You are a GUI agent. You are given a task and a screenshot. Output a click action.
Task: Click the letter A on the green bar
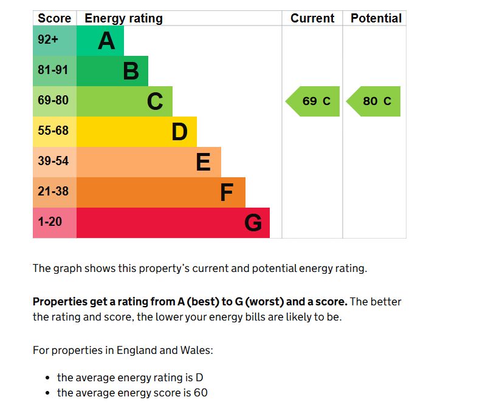pyautogui.click(x=106, y=41)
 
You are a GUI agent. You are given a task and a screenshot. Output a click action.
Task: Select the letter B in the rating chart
pyautogui.click(x=131, y=72)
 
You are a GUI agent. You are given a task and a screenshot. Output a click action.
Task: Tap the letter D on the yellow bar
pyautogui.click(x=179, y=132)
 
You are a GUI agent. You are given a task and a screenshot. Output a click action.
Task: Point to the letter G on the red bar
pyautogui.click(x=253, y=223)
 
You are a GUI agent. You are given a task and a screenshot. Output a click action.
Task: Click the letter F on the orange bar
pyautogui.click(x=226, y=193)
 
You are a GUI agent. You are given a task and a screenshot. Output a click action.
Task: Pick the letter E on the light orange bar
pyautogui.click(x=203, y=163)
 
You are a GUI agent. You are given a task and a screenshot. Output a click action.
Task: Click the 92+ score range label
pyautogui.click(x=48, y=40)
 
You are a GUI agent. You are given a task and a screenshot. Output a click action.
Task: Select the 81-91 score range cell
pyautogui.click(x=53, y=70)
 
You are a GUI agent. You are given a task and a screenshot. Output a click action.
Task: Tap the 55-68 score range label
pyautogui.click(x=53, y=131)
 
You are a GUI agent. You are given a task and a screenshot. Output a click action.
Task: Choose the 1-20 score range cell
pyautogui.click(x=50, y=222)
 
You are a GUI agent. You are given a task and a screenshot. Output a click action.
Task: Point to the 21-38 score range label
pyautogui.click(x=53, y=192)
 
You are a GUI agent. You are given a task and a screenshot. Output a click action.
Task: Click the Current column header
pyautogui.click(x=312, y=18)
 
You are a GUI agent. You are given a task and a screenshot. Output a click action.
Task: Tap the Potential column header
pyautogui.click(x=376, y=18)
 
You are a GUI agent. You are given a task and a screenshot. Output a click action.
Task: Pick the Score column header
pyautogui.click(x=54, y=18)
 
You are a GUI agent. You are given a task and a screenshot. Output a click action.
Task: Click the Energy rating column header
pyautogui.click(x=123, y=18)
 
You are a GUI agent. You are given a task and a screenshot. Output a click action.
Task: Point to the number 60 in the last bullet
pyautogui.click(x=201, y=393)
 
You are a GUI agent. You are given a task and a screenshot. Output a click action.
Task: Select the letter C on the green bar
pyautogui.click(x=155, y=102)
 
